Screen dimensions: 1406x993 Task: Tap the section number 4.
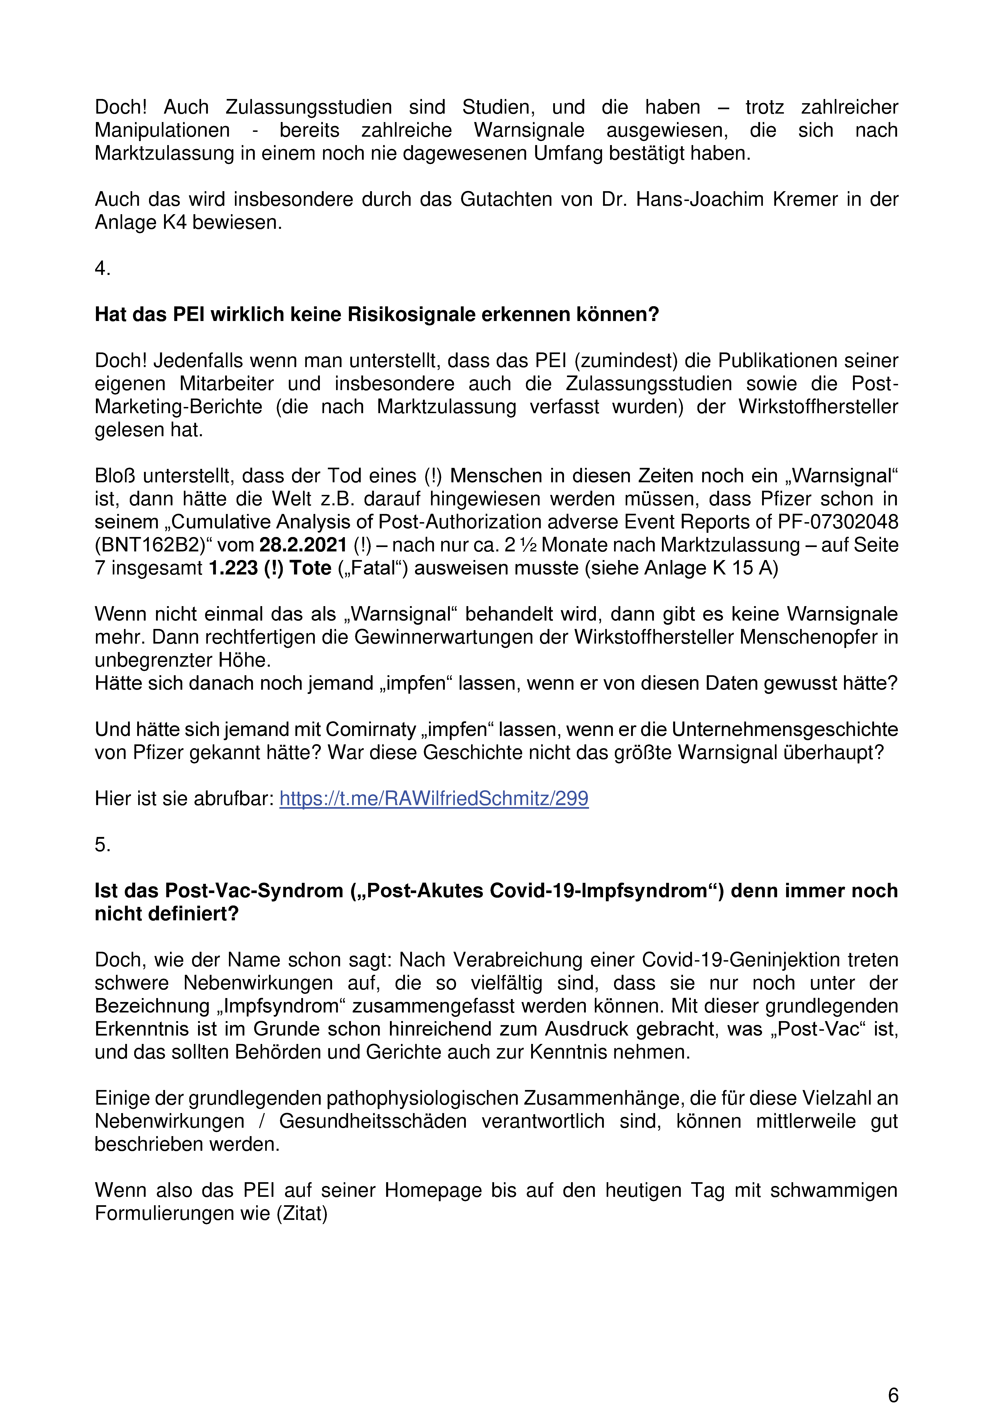point(102,268)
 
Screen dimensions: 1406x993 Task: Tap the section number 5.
point(102,844)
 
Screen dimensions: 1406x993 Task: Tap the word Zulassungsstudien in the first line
point(309,107)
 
